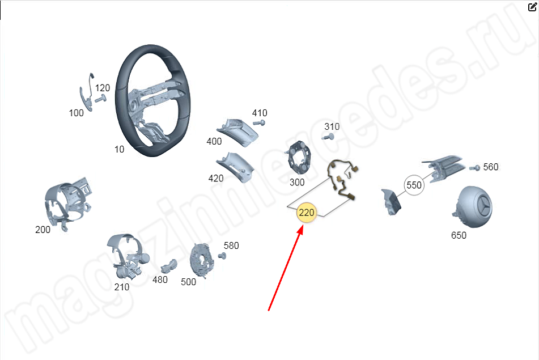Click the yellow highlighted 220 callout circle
tap(306, 213)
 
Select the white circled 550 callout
tap(414, 185)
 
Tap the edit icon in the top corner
tap(532, 7)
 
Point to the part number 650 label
tap(459, 235)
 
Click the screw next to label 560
tap(474, 168)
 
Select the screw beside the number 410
tap(259, 123)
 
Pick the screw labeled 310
tap(328, 137)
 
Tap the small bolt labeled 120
tap(100, 99)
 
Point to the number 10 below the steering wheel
tap(119, 149)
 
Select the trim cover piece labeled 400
tap(238, 133)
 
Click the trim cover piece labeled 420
tap(236, 167)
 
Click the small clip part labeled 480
tap(169, 266)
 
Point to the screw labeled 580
tap(223, 256)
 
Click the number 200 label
tap(43, 230)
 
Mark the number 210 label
tap(122, 287)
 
